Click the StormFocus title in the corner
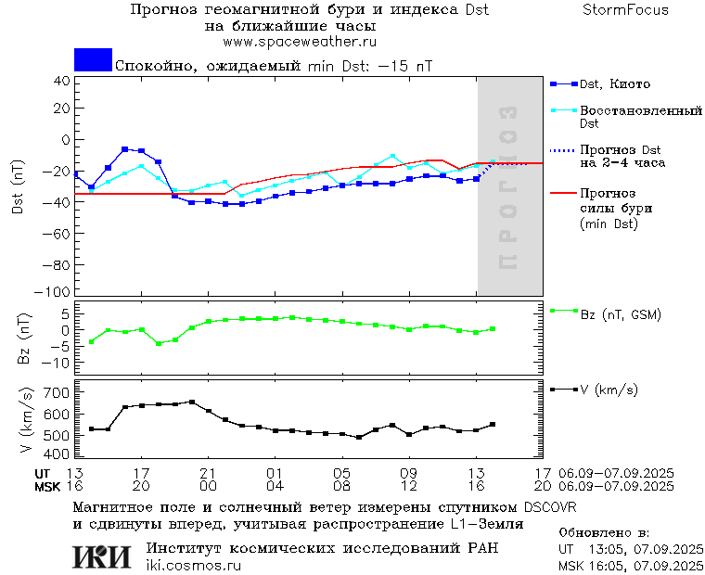point(625,10)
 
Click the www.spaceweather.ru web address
point(300,42)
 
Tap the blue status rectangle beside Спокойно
point(93,59)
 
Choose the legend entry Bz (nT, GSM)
point(620,315)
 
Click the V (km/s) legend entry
point(609,390)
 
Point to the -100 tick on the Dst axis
point(58,291)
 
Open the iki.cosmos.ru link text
point(193,566)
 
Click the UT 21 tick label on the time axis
point(208,472)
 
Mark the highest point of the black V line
point(192,402)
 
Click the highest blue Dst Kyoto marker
point(124,148)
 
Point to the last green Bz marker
point(493,328)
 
